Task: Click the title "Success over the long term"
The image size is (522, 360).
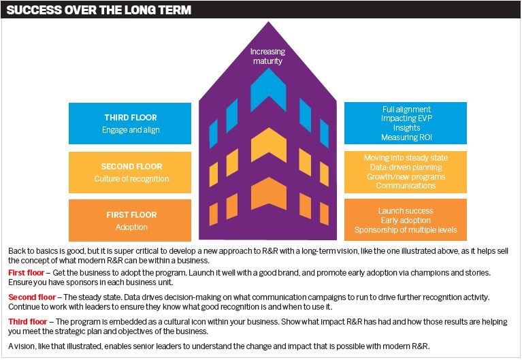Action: point(99,10)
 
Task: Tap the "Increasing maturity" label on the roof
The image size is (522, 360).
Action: point(267,56)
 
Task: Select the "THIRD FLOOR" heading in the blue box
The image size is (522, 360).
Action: point(131,118)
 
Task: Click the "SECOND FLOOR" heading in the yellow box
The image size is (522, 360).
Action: point(131,167)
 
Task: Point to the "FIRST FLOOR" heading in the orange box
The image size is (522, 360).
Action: point(131,215)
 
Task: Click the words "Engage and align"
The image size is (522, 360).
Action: point(131,130)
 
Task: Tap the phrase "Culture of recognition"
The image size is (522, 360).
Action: point(131,179)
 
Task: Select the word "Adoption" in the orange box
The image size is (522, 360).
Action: point(131,227)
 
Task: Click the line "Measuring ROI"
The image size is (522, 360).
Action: point(406,137)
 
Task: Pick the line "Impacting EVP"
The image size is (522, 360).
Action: point(406,118)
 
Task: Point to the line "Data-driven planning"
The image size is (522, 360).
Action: point(406,167)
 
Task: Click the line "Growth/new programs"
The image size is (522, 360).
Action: point(406,176)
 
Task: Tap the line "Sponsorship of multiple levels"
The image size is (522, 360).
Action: point(406,230)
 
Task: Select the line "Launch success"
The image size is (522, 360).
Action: point(406,211)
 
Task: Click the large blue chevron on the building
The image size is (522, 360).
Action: point(268,90)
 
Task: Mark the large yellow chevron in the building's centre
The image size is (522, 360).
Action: point(269,145)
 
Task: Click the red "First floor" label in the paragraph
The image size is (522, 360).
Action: point(26,273)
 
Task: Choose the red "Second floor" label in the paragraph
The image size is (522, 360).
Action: point(32,297)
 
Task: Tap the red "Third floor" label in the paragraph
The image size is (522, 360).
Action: point(28,322)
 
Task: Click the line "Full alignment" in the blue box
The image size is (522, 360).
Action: point(406,110)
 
